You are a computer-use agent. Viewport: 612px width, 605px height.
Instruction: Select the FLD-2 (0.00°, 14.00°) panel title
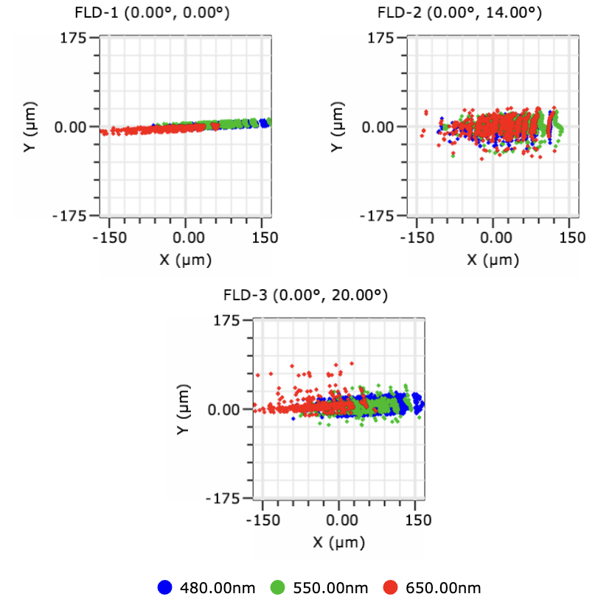point(459,13)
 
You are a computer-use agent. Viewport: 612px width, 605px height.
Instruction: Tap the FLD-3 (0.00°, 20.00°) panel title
point(305,295)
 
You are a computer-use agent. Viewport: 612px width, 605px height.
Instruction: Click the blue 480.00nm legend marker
point(166,587)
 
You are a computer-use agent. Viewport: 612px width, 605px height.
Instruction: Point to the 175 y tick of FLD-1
point(74,38)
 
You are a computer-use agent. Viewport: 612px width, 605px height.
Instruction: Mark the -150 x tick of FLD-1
point(108,238)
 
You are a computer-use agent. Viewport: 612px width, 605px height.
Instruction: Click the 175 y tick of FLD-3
point(229,320)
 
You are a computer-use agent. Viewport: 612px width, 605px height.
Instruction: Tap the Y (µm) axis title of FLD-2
point(337,127)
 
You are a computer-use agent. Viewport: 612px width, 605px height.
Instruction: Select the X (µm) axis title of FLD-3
point(340,542)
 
